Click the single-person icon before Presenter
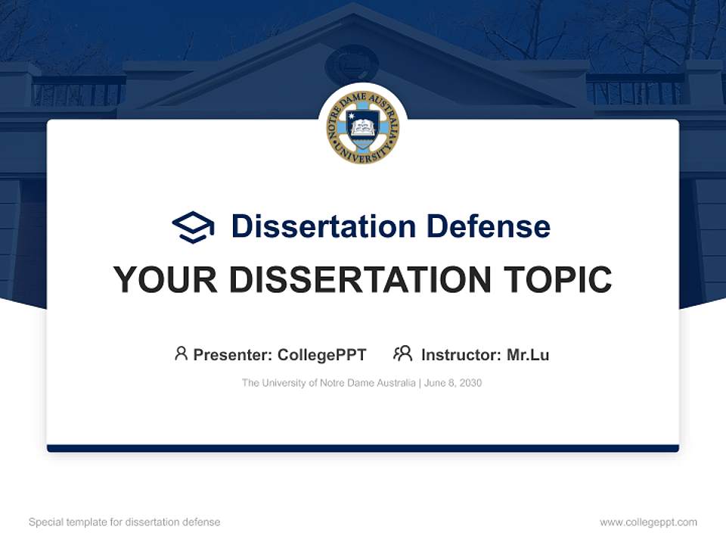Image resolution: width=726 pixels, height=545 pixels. [181, 353]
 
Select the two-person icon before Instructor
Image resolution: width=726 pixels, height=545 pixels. [402, 353]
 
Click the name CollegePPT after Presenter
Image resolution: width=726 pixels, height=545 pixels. [322, 355]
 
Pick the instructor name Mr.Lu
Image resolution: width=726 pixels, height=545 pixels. [528, 355]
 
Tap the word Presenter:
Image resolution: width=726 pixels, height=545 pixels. [233, 355]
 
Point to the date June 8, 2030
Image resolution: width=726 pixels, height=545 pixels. [453, 383]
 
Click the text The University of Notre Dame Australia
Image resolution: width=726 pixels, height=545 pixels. [328, 383]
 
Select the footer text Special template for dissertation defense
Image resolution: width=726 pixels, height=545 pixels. [124, 522]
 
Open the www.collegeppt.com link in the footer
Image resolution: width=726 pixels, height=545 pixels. [648, 522]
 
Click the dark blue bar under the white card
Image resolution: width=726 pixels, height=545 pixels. [363, 449]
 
